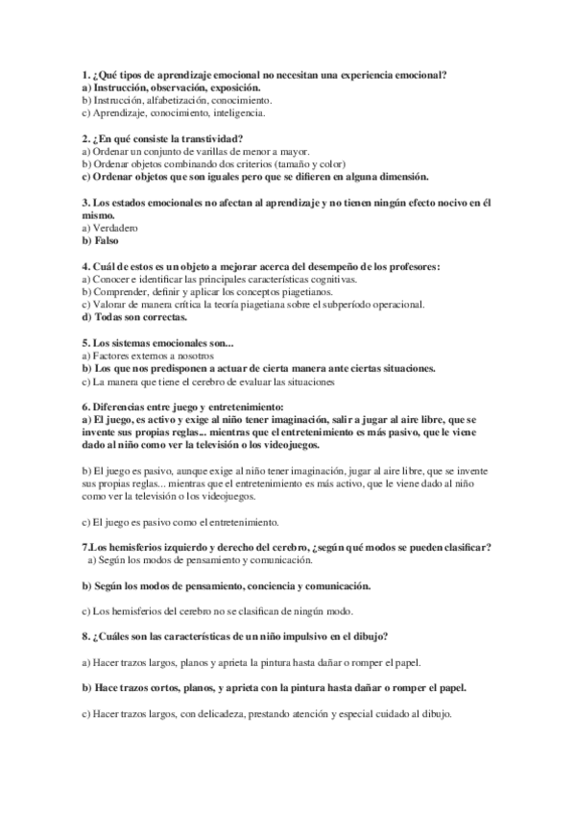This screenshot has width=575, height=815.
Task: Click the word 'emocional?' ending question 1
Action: tap(424, 75)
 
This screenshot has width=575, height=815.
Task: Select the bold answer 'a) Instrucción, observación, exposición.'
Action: tap(163, 87)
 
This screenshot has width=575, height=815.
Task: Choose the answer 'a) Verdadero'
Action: tap(110, 228)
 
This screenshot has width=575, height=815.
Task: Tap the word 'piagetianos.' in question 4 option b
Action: tap(305, 291)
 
